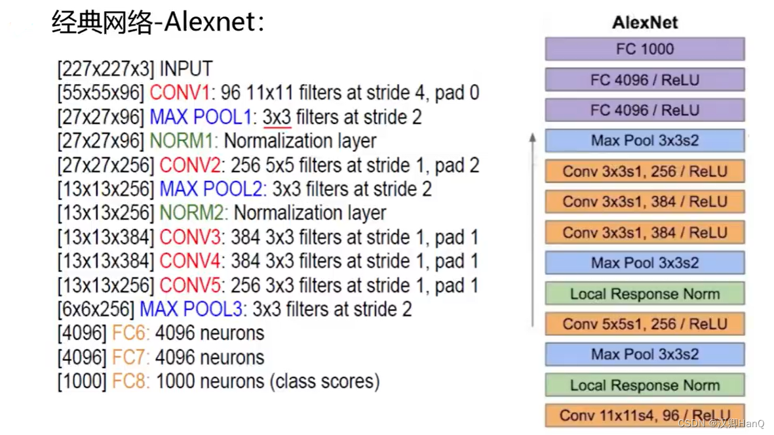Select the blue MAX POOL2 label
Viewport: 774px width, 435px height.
click(x=212, y=189)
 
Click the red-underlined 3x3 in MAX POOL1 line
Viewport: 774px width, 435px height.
click(x=277, y=117)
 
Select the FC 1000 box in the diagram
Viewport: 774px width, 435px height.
click(x=644, y=49)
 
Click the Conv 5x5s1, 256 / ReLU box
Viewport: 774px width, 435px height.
click(x=644, y=324)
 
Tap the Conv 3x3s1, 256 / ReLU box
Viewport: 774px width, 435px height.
click(x=644, y=172)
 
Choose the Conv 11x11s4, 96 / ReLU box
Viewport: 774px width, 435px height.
click(x=644, y=415)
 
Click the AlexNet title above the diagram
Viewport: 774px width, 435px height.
click(x=644, y=22)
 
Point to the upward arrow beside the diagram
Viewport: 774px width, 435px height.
click(x=533, y=230)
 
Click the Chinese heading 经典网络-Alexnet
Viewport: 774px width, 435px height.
click(x=158, y=22)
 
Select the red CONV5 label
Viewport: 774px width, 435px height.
click(x=189, y=285)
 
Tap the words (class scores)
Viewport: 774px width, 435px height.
click(x=324, y=381)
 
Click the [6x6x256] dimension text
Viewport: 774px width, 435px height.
click(x=96, y=309)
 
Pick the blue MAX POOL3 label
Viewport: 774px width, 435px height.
click(x=191, y=309)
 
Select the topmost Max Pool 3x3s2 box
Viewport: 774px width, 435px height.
click(x=644, y=141)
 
